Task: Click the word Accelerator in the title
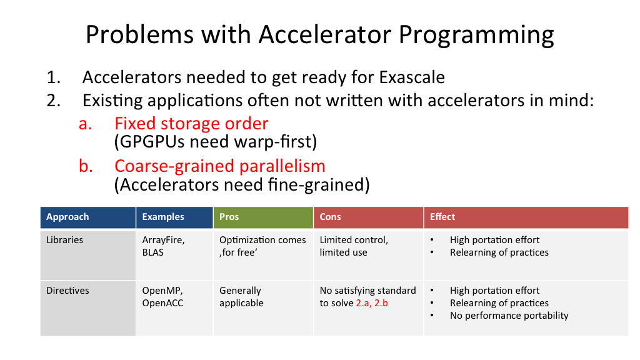(x=324, y=34)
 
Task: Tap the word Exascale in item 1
(x=412, y=77)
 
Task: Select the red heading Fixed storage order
(x=191, y=123)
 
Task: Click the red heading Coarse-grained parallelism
(x=219, y=166)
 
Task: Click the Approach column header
(x=67, y=217)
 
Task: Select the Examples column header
(x=163, y=217)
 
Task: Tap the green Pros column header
(x=229, y=217)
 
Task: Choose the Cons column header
(x=330, y=217)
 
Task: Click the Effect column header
(x=442, y=217)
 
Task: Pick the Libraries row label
(x=64, y=239)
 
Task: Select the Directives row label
(x=67, y=290)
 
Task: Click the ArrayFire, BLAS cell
(x=163, y=246)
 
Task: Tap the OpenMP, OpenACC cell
(x=162, y=297)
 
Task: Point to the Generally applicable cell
(x=241, y=297)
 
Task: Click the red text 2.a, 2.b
(x=372, y=303)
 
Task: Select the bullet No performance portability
(x=509, y=316)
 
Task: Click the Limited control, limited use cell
(x=354, y=246)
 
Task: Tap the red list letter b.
(x=86, y=166)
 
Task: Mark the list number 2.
(x=54, y=101)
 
